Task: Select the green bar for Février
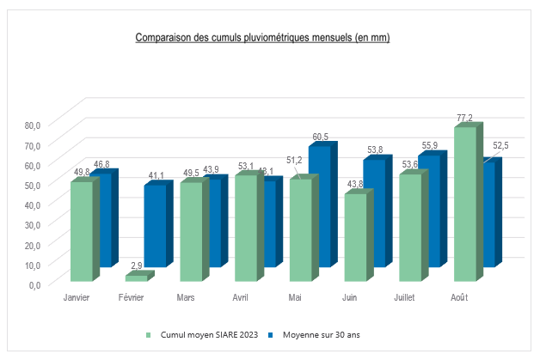(136, 278)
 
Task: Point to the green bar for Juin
(355, 238)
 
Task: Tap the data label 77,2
(465, 117)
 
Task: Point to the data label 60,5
(320, 137)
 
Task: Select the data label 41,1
(156, 175)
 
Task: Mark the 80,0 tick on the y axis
(32, 125)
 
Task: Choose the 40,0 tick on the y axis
(32, 204)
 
